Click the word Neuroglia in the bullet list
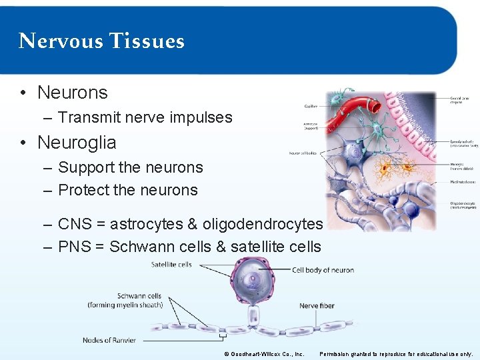tap(77, 143)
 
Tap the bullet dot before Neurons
tap(23, 93)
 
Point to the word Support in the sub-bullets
tap(83, 168)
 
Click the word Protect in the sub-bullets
tap(83, 190)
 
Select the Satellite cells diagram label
tap(171, 265)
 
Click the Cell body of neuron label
tap(323, 270)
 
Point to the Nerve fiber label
tap(317, 306)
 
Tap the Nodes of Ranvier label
tap(109, 340)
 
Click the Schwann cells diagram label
tap(139, 296)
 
